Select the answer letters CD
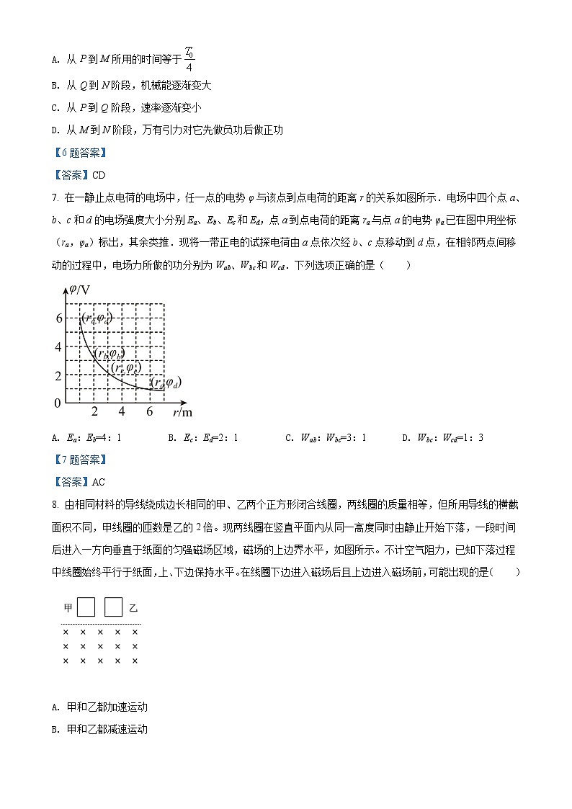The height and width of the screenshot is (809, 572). pyautogui.click(x=99, y=174)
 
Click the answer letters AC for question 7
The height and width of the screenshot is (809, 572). pyautogui.click(x=99, y=482)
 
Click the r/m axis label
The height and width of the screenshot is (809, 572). pyautogui.click(x=182, y=412)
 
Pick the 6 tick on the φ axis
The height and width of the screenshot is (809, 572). pyautogui.click(x=58, y=318)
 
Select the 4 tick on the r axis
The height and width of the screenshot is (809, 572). pyautogui.click(x=122, y=411)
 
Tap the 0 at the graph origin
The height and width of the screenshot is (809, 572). pyautogui.click(x=58, y=403)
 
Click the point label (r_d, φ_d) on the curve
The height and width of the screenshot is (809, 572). pyautogui.click(x=165, y=383)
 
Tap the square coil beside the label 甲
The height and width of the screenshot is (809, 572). pyautogui.click(x=86, y=607)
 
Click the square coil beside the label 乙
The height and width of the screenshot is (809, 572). pyautogui.click(x=113, y=607)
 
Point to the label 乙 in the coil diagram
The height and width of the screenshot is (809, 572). pyautogui.click(x=133, y=608)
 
